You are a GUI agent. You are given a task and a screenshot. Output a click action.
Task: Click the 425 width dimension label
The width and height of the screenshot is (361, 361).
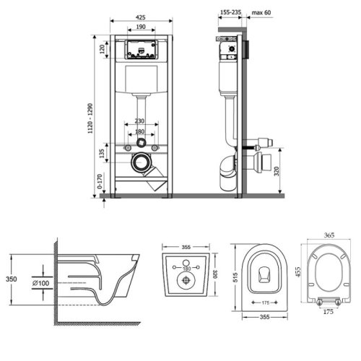click(141, 17)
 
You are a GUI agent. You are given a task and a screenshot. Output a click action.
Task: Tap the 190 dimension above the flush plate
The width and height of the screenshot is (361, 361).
click(141, 27)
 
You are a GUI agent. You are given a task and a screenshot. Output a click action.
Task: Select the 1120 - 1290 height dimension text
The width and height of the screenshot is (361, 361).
click(90, 118)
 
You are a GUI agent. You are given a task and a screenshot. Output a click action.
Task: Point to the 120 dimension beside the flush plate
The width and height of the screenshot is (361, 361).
click(103, 49)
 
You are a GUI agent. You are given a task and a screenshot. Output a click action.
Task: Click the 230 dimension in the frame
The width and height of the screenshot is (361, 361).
click(139, 121)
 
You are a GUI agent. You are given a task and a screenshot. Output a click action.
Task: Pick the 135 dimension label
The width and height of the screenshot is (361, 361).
click(102, 153)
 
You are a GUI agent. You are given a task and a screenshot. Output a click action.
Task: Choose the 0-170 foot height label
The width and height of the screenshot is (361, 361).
click(100, 181)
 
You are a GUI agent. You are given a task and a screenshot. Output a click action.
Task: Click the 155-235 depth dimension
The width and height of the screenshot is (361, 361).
click(231, 12)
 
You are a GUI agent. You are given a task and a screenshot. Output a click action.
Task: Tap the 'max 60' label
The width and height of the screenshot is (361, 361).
click(261, 12)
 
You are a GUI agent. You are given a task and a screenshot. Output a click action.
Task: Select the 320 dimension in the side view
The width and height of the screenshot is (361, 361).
click(277, 171)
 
